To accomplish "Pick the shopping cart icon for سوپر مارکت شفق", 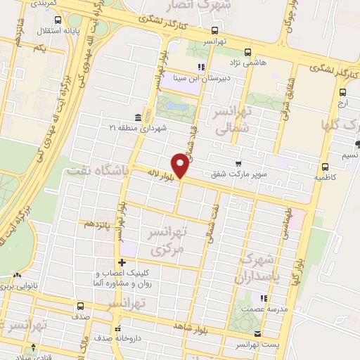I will pos(239,164).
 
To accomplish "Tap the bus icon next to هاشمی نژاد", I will pos(247,51).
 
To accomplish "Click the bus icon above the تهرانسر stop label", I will pos(214,30).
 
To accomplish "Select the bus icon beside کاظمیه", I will pos(325,167).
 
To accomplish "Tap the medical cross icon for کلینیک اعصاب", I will pos(122,262).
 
